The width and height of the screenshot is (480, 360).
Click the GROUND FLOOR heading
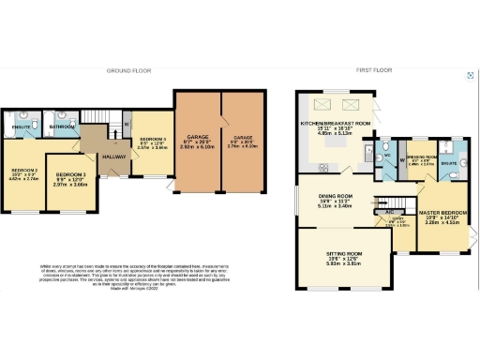tap(128, 70)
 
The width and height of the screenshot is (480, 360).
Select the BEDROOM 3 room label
tap(72, 175)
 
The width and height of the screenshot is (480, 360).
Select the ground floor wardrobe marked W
tap(127, 123)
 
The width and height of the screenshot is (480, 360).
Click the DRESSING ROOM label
tap(421, 157)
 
